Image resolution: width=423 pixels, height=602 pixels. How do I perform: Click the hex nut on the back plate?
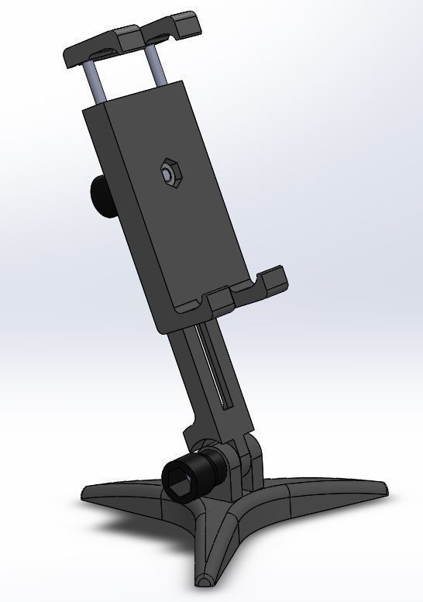168,174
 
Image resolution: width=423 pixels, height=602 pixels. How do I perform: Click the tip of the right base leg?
378,489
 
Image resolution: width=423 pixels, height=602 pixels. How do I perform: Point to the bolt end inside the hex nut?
168,174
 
